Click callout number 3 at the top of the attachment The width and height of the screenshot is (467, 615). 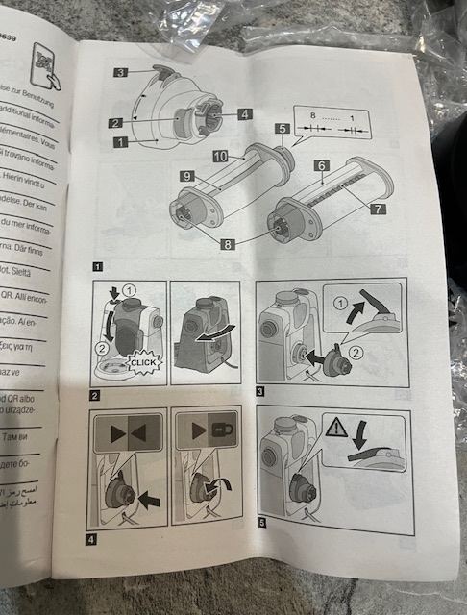(121, 72)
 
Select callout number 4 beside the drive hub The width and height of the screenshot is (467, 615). (245, 114)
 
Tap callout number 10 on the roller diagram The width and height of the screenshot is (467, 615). (220, 156)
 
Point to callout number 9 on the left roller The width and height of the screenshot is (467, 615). (186, 176)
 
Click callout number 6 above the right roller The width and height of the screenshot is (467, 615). (321, 166)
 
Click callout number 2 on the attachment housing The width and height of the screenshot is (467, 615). (114, 123)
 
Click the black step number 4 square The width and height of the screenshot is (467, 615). (91, 538)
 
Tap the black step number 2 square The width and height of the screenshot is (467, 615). (95, 395)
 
